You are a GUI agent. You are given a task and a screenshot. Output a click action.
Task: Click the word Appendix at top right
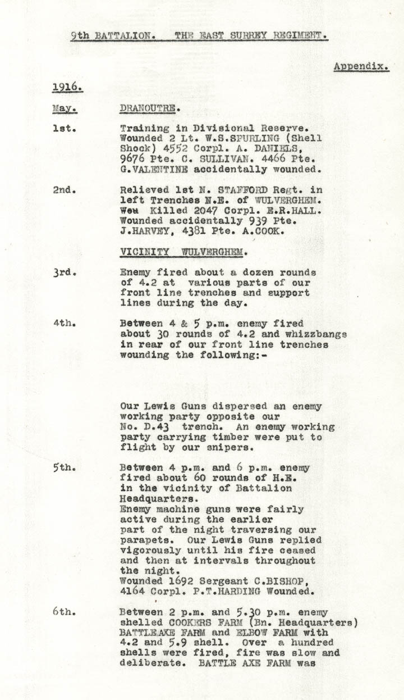click(x=361, y=66)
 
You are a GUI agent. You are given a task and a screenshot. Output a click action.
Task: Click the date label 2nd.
click(x=65, y=190)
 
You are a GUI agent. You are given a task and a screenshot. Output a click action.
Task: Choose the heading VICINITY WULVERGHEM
click(x=183, y=252)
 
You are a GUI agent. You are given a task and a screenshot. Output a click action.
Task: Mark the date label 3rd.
click(x=65, y=272)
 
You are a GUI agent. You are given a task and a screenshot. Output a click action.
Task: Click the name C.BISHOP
click(x=276, y=581)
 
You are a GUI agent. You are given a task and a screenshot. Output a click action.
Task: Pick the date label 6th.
click(x=65, y=612)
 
